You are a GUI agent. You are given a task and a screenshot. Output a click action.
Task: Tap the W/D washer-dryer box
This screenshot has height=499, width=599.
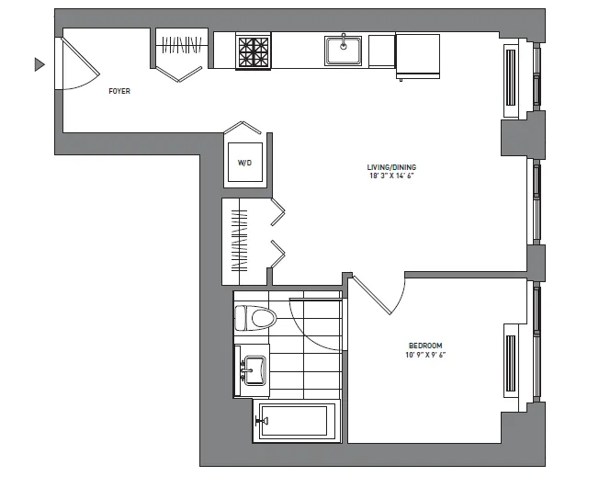pyautogui.click(x=244, y=163)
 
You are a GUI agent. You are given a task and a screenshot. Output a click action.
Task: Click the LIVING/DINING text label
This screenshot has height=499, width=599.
pyautogui.click(x=390, y=166)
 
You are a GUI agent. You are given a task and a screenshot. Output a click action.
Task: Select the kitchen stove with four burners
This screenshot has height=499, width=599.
pyautogui.click(x=254, y=51)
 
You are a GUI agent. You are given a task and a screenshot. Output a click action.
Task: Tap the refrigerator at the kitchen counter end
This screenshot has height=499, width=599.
pyautogui.click(x=417, y=55)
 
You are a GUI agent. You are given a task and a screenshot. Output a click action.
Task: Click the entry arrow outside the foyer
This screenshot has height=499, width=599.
pyautogui.click(x=39, y=64)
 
